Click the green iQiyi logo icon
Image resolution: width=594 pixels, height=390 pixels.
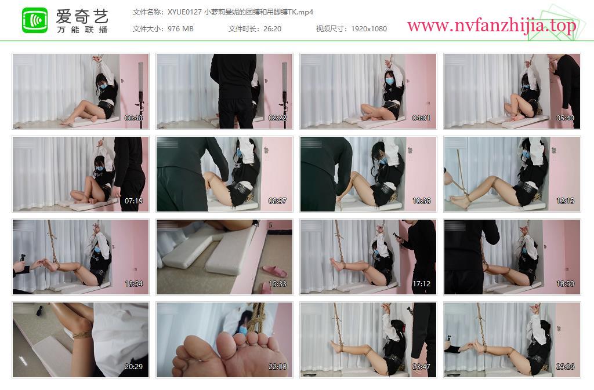point(35,20)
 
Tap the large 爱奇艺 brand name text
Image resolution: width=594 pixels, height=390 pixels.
point(82,16)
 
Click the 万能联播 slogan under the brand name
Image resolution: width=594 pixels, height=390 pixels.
point(82,30)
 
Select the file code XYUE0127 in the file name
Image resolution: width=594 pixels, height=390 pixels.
point(184,12)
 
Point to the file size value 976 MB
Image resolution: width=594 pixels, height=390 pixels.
point(180,29)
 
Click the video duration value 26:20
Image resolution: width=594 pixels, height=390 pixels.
point(272,29)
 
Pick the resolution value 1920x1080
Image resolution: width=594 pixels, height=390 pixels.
point(368,29)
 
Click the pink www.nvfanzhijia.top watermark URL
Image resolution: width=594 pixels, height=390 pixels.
point(491,25)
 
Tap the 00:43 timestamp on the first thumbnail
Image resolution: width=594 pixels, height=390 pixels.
point(134,118)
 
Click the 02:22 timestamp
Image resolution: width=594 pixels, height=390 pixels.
point(277,118)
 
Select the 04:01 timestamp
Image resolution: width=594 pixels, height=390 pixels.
point(421,118)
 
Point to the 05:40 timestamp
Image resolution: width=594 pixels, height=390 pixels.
point(565,118)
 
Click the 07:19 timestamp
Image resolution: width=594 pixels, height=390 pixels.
point(134,201)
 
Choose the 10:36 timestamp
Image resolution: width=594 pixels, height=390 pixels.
point(421,201)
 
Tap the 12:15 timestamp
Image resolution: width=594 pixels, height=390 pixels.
point(565,201)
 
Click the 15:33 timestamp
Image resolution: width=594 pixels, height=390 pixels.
point(277,284)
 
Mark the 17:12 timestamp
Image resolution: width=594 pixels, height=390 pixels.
point(421,284)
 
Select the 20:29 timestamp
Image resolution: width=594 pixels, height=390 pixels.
point(134,367)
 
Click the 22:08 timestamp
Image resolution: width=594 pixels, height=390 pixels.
point(277,367)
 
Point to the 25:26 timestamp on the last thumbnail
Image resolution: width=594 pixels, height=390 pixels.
point(565,367)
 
